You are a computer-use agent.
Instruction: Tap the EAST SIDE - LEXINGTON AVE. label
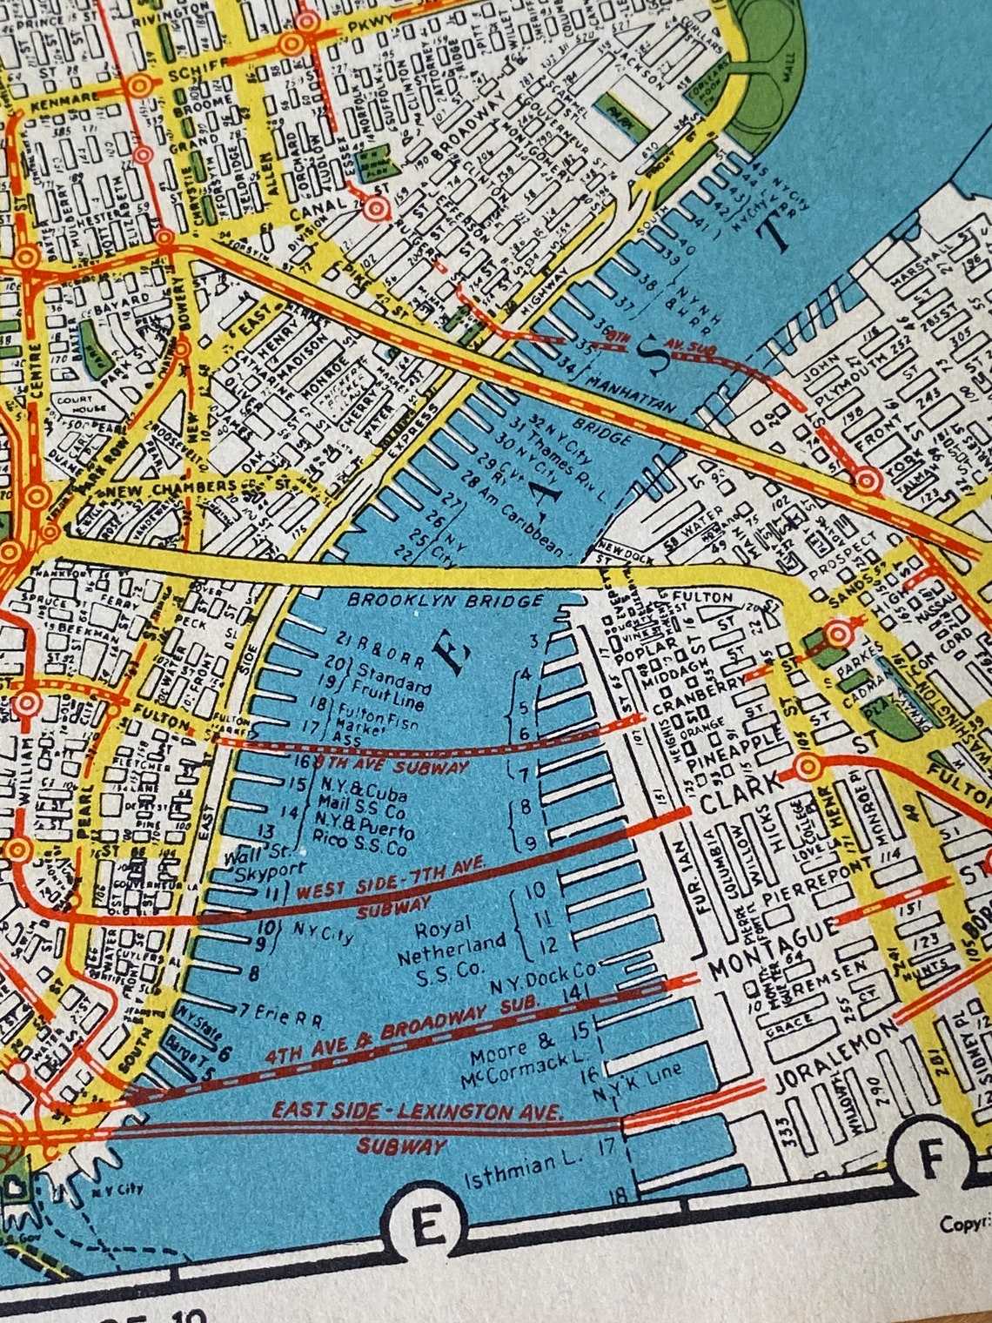point(418,1111)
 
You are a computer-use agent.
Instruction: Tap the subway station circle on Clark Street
point(807,768)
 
